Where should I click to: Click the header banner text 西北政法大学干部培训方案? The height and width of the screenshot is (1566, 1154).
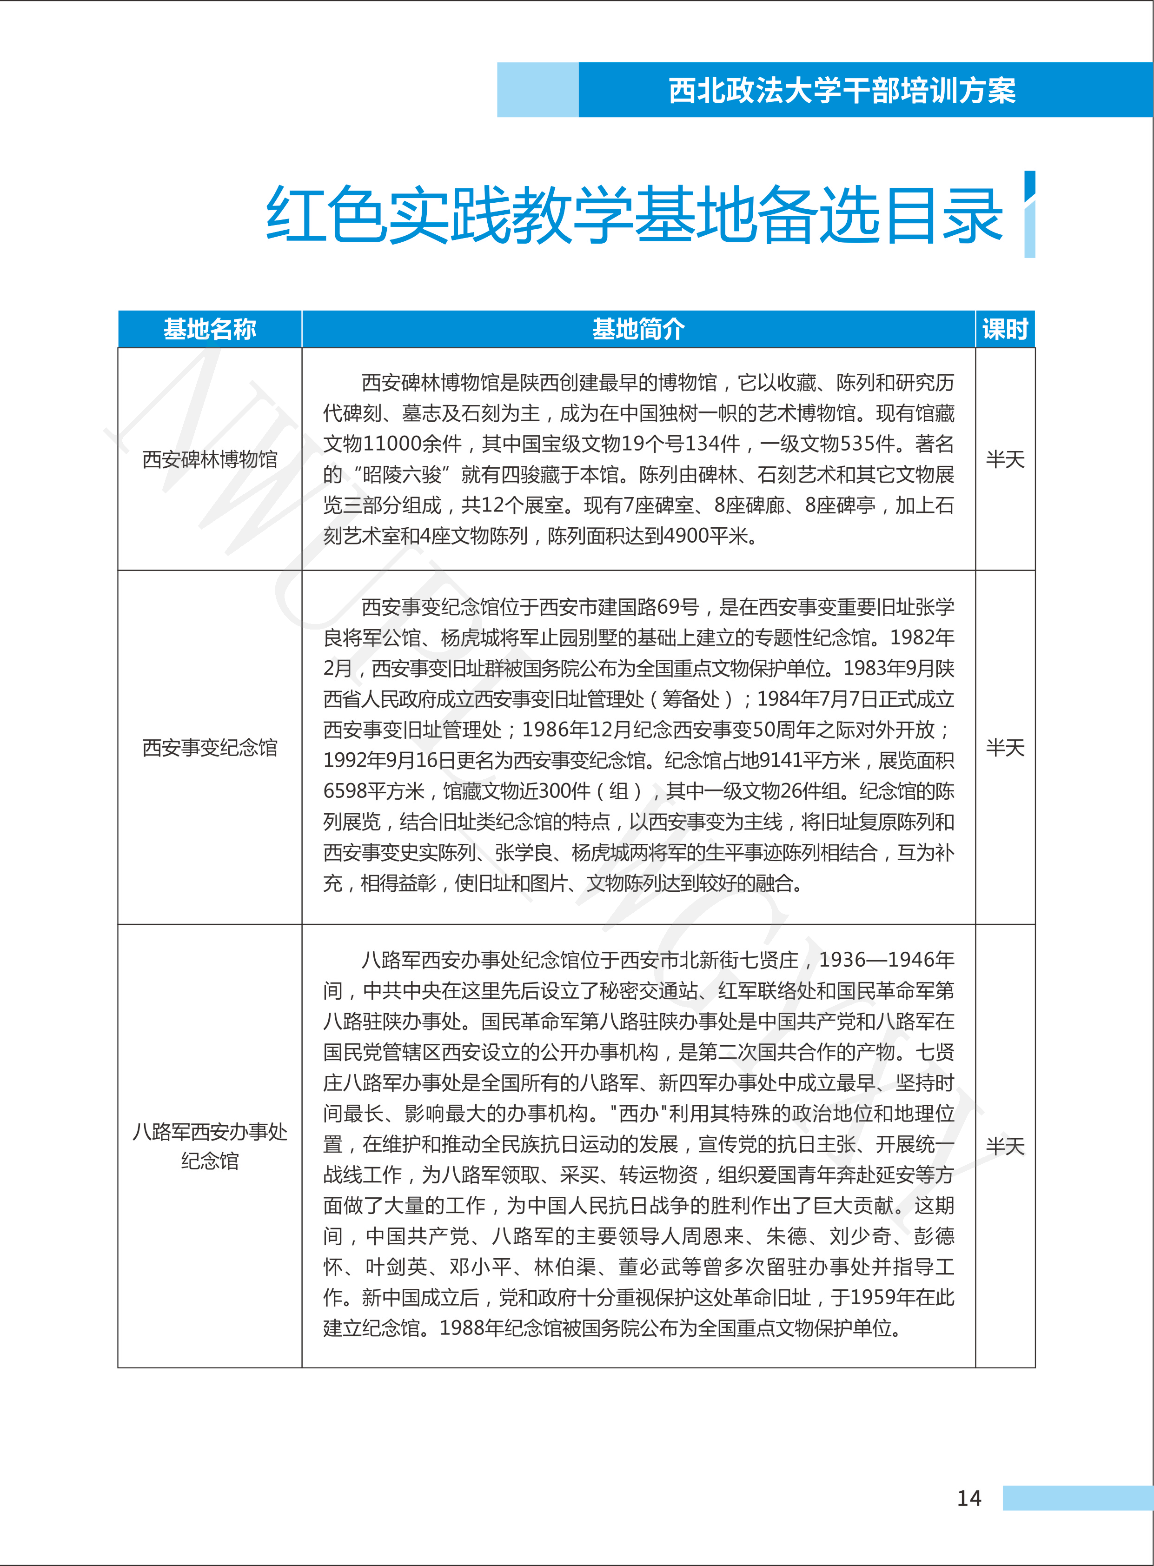click(842, 91)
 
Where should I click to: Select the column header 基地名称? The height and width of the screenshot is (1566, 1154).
click(210, 329)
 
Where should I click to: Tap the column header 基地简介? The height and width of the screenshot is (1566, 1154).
click(638, 329)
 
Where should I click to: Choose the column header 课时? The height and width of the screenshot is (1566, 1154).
click(1004, 329)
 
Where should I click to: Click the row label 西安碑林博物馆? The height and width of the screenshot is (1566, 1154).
click(210, 459)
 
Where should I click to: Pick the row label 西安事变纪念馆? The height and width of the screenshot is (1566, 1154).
click(210, 747)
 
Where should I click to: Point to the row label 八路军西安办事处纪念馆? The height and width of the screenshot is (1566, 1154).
click(210, 1146)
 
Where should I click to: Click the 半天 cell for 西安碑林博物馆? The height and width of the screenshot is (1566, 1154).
click(1004, 459)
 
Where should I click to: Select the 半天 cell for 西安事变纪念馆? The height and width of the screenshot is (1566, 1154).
click(1004, 747)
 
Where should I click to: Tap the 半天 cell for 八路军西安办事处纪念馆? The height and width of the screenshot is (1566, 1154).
click(1004, 1146)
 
